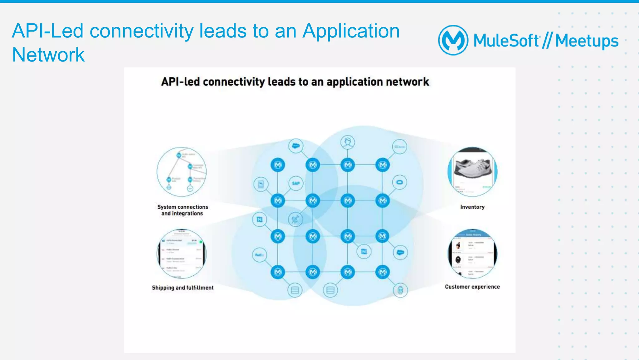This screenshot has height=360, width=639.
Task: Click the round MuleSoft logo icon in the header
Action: [453, 40]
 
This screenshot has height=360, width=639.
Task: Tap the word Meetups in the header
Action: [587, 41]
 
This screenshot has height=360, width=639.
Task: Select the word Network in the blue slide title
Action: [48, 55]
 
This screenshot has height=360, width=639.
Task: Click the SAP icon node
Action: [296, 183]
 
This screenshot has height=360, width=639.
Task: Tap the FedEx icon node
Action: [260, 255]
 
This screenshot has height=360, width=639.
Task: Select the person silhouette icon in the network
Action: [348, 142]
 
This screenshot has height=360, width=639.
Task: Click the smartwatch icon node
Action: [400, 290]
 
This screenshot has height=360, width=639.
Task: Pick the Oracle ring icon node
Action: [400, 182]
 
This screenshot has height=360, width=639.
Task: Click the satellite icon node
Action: [295, 219]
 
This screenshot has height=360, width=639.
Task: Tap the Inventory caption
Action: [472, 207]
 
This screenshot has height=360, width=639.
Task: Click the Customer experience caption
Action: [472, 287]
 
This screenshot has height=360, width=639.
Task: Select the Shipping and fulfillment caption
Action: [183, 288]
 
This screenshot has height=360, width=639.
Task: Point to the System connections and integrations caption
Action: [183, 210]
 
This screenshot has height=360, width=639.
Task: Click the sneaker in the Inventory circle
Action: [472, 169]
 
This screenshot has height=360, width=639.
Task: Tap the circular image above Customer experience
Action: [472, 254]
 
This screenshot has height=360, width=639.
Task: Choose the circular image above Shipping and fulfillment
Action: [182, 254]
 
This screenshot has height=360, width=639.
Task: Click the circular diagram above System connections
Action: [182, 172]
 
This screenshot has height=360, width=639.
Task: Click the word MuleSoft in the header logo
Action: [506, 41]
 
